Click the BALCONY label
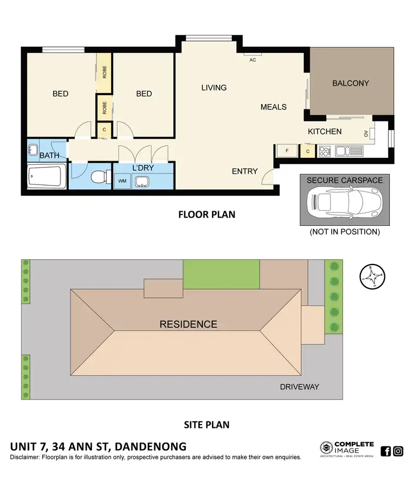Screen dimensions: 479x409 click(x=351, y=83)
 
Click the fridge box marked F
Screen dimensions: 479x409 click(x=286, y=151)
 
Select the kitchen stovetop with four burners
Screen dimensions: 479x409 click(x=326, y=151)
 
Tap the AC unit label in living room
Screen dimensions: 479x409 click(x=252, y=59)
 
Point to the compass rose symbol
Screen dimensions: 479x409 click(x=370, y=276)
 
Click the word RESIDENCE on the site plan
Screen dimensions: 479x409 click(x=188, y=324)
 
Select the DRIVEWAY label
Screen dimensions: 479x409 click(x=299, y=387)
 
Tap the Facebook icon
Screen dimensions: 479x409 click(x=386, y=451)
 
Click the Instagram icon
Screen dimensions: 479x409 click(x=399, y=451)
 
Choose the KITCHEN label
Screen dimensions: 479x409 click(x=324, y=131)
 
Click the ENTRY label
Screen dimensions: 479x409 click(x=244, y=171)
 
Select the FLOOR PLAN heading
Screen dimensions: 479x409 click(x=207, y=214)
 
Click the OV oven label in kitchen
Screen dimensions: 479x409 click(x=365, y=133)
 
